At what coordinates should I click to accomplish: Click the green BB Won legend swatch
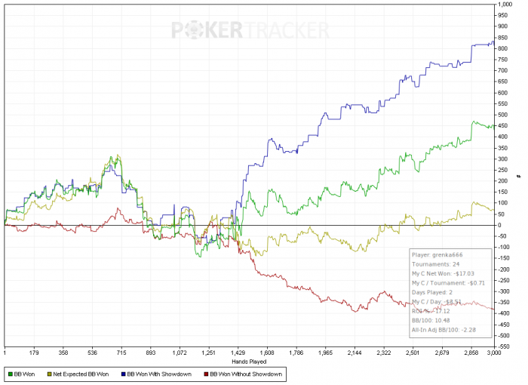11,374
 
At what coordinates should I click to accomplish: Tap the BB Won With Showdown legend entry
159,374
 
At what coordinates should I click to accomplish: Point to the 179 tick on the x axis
34,353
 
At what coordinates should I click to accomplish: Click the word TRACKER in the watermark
285,30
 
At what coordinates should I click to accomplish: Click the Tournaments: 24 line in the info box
436,265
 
